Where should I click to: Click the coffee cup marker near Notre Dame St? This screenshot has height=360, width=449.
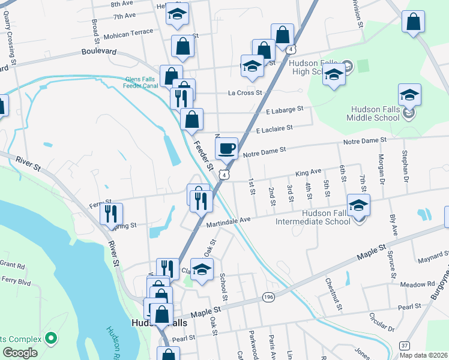(x=226, y=148)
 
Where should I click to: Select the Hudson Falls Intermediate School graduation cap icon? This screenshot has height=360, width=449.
(x=358, y=205)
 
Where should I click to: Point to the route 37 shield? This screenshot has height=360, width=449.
(x=405, y=346)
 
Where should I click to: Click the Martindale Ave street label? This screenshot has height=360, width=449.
(x=228, y=221)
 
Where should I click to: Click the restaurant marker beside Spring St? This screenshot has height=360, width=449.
(x=111, y=214)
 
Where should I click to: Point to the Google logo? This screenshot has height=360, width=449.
(x=20, y=353)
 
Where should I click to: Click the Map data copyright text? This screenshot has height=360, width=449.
(x=424, y=355)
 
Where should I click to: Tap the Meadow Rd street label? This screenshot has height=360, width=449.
(x=418, y=284)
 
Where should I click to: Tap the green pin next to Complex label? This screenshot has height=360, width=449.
(x=52, y=338)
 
